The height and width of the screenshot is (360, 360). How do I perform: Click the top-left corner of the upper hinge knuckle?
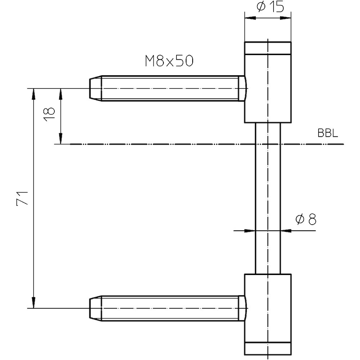point(245,42)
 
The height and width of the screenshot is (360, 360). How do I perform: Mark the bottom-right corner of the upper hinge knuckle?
point(291,122)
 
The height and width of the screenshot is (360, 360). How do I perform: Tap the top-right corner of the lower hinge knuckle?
point(291,274)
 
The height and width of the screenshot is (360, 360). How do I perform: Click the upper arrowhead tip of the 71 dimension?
point(33,89)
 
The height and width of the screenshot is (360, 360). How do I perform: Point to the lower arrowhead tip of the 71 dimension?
point(33,308)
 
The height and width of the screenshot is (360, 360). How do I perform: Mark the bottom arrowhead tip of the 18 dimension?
point(61,144)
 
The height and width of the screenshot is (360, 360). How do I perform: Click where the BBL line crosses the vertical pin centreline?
point(268,144)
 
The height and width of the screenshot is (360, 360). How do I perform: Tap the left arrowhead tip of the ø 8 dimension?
point(255,230)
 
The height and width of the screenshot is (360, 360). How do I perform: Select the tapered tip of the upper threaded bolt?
point(95,89)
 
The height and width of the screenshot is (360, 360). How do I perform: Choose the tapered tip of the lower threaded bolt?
point(95,308)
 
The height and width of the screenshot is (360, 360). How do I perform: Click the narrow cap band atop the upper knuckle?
point(268,48)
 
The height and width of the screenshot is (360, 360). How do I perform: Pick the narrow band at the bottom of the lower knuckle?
point(268,348)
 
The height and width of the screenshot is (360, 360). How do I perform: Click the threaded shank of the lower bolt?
point(170,308)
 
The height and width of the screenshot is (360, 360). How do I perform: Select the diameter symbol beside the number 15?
point(261,7)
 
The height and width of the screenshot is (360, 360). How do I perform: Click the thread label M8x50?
point(169,61)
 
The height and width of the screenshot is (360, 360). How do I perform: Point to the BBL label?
point(328,133)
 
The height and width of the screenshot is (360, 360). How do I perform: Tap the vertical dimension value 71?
point(22,198)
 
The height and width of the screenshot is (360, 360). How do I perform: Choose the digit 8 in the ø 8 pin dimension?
point(312,219)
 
